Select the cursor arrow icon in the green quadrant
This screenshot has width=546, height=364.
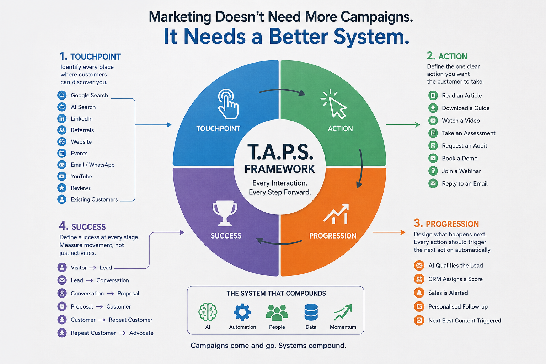(334, 104)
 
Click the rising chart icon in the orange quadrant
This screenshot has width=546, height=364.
(336, 214)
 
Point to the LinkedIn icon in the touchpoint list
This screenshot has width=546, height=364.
(62, 118)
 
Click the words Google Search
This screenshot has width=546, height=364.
(89, 95)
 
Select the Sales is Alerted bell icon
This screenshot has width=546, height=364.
(419, 293)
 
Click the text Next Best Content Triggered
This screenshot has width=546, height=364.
(465, 320)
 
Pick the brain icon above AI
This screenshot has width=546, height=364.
(208, 312)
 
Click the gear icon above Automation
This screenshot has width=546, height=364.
(242, 312)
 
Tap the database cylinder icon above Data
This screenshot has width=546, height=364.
(311, 312)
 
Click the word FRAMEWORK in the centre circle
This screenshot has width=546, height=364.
(280, 169)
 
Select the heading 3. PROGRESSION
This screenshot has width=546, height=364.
(446, 223)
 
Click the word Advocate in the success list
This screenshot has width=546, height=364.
(141, 333)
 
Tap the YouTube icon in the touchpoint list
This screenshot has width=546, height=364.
(62, 176)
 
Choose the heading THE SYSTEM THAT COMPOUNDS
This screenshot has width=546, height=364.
(276, 293)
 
